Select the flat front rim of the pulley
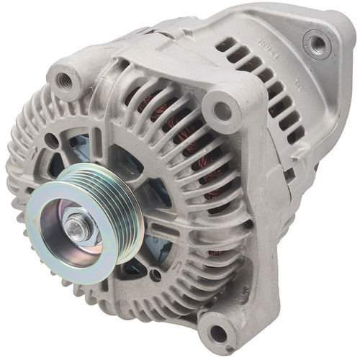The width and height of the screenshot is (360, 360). click(58, 248)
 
